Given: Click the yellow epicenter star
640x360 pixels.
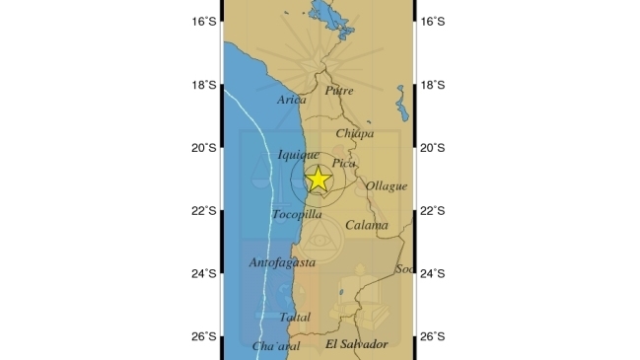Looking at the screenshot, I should point(318,180).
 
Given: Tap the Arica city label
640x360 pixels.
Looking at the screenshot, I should point(292,100).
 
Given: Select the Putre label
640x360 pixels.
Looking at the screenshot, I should point(338,91).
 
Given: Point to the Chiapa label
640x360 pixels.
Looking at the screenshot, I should point(355,133).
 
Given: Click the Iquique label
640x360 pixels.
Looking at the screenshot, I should point(298,154).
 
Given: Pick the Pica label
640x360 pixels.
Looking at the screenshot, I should point(344,163).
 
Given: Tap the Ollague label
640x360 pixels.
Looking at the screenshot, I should point(387,185).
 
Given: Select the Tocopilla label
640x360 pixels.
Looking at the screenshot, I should point(297,214).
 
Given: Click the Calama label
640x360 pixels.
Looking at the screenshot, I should point(366,225).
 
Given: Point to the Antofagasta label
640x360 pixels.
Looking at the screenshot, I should point(282,262).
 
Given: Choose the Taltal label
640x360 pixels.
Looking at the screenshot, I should point(295,318).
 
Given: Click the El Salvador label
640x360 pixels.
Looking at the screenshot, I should point(356,343).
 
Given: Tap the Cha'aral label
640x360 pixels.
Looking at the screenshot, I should point(276,346).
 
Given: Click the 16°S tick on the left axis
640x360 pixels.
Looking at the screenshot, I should point(204,22).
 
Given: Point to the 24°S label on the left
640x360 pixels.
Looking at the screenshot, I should point(204,273).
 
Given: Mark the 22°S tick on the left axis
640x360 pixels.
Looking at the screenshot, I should point(204,211).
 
